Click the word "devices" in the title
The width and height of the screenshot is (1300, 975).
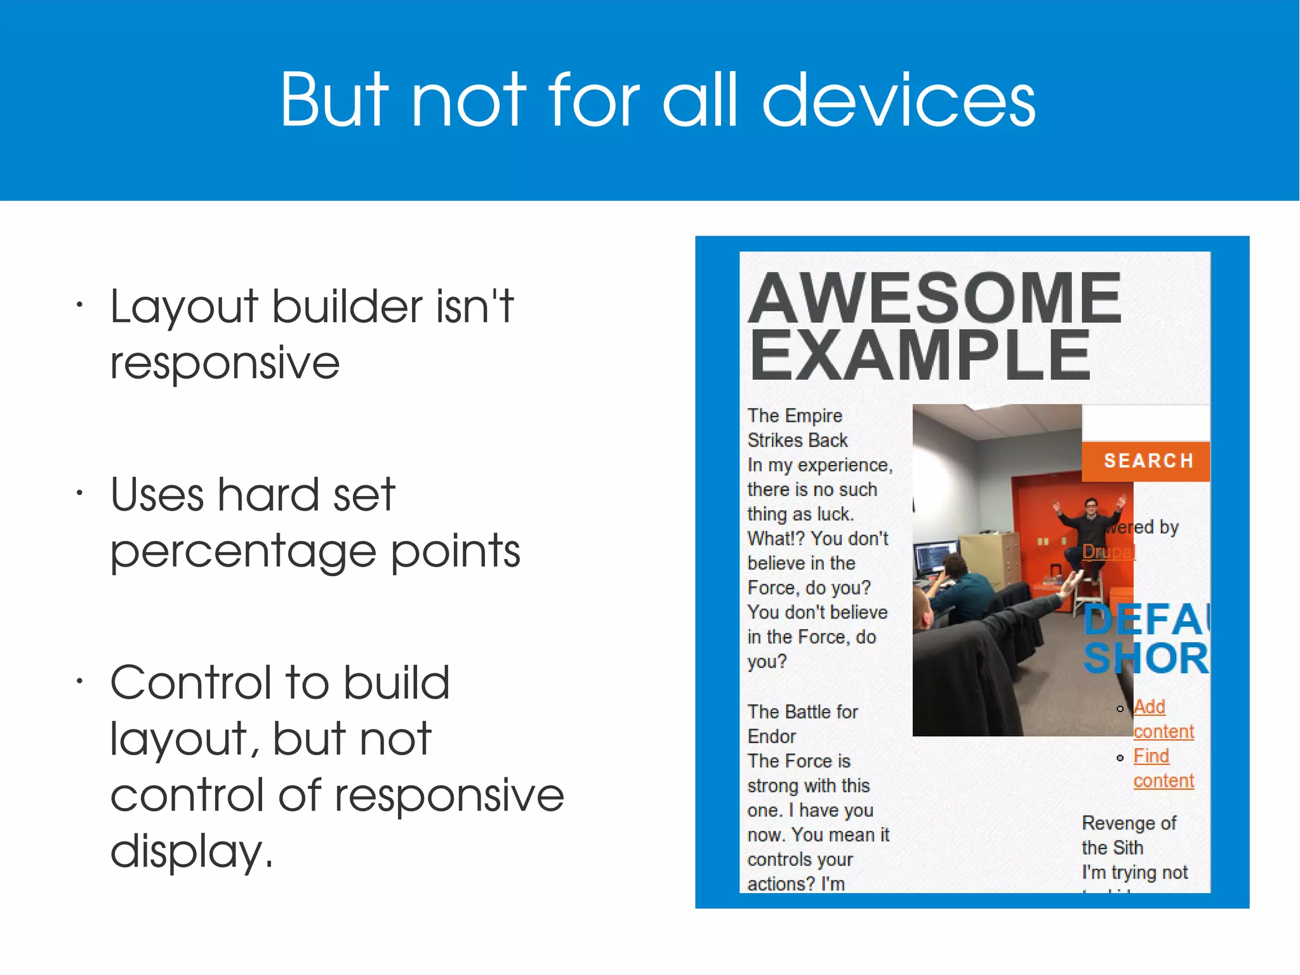coord(898,100)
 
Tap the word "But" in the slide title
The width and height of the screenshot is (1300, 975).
coord(334,100)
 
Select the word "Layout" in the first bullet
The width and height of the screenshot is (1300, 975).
coord(183,308)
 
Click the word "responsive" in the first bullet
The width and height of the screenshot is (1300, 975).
coord(225,363)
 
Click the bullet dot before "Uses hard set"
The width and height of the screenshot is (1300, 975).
coord(79,493)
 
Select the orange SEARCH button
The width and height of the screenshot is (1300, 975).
coord(1146,461)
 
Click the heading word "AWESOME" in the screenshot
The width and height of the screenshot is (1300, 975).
coord(935,297)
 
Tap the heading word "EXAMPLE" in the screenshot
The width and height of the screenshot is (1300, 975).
coord(920,356)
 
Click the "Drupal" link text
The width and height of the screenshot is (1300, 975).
coord(1108,551)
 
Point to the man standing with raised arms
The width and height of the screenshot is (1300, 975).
coord(1090,521)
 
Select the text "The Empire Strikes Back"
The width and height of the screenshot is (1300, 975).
coord(797,427)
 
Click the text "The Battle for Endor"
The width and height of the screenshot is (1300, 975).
coord(802,723)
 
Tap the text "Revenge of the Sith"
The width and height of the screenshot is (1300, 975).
coord(1128,835)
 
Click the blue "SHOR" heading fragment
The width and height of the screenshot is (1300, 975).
coord(1145,659)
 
